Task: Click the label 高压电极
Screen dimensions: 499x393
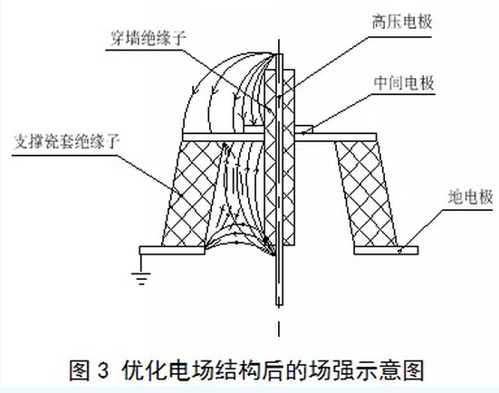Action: (x=402, y=23)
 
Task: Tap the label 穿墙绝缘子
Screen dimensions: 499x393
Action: (x=148, y=38)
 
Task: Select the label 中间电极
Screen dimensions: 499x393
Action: (x=404, y=83)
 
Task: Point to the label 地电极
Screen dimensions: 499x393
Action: (x=470, y=197)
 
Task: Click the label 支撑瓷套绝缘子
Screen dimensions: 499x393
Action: (x=66, y=142)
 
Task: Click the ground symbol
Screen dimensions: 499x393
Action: (x=141, y=277)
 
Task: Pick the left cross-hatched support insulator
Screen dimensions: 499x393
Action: (x=192, y=194)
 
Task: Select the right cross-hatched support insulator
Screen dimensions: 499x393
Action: (x=366, y=194)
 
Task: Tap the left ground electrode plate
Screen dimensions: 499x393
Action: (x=172, y=251)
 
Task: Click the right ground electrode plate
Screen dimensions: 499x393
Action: (x=386, y=251)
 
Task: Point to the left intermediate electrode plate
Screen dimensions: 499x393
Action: (x=224, y=138)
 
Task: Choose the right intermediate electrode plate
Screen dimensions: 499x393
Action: (x=336, y=138)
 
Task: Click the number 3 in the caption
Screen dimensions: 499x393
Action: (x=103, y=370)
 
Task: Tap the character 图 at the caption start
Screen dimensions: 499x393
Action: (x=80, y=370)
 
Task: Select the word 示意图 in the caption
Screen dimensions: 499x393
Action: (x=392, y=370)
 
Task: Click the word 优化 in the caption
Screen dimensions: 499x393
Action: (x=143, y=370)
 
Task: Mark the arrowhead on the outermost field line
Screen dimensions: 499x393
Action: (x=195, y=90)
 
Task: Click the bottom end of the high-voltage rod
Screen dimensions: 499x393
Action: (x=279, y=306)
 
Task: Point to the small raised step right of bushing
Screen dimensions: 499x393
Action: (x=304, y=129)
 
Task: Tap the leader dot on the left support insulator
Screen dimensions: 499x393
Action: (x=180, y=195)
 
